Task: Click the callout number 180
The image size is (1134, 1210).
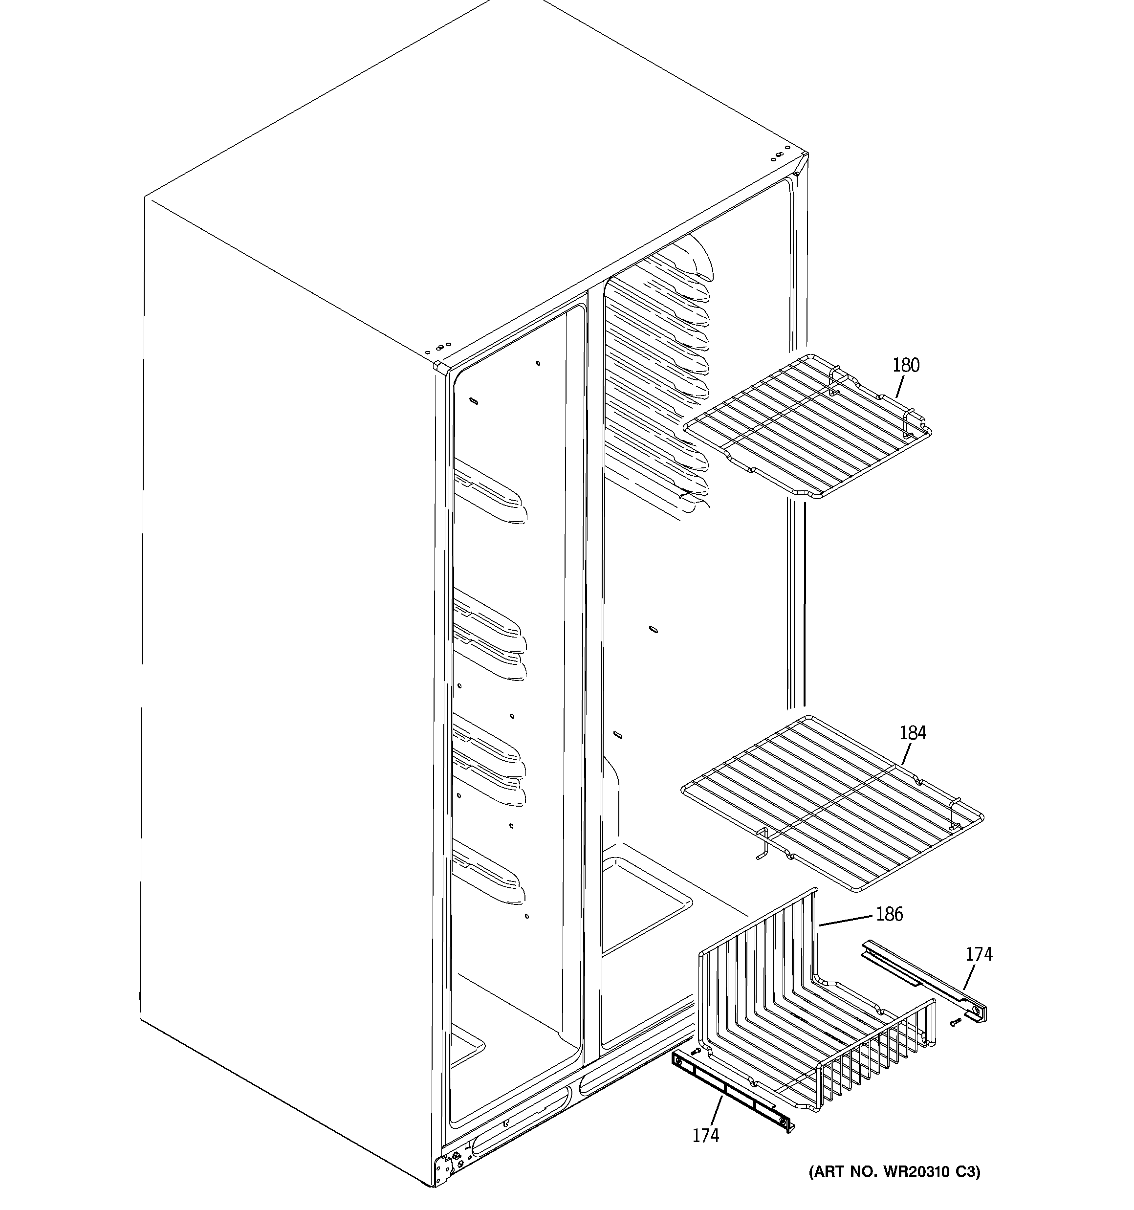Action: (x=906, y=365)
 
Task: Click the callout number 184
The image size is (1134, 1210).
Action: (x=913, y=733)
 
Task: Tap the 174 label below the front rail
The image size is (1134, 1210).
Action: (x=705, y=1135)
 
